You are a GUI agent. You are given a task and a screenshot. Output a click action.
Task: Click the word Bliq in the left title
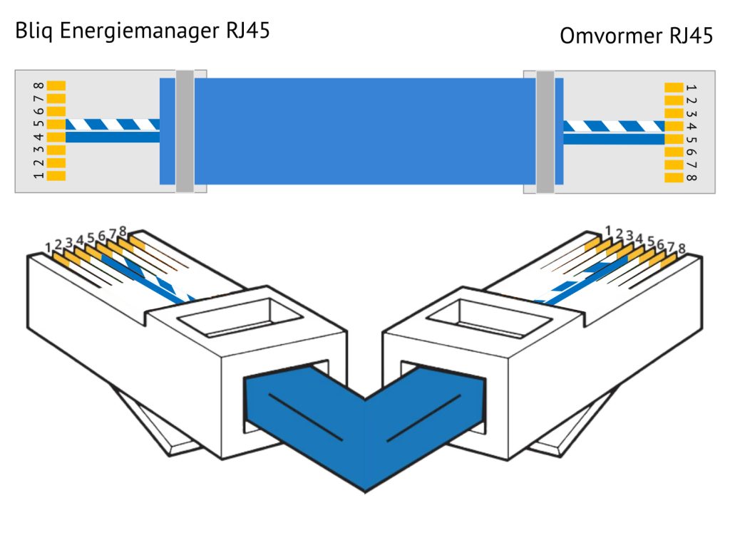[x=34, y=32]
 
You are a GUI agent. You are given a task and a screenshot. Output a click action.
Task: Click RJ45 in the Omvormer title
[x=691, y=36]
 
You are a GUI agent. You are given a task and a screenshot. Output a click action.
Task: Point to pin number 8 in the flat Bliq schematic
[x=38, y=85]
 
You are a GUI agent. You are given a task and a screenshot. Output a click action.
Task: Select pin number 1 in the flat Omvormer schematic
[x=690, y=88]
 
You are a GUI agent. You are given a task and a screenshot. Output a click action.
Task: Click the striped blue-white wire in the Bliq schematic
[x=114, y=125]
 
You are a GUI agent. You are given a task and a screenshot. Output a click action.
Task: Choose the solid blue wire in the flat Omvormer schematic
[x=613, y=140]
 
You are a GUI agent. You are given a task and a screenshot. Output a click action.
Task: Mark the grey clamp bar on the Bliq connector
[x=185, y=131]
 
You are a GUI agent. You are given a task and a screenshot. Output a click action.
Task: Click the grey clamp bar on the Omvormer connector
[x=545, y=131]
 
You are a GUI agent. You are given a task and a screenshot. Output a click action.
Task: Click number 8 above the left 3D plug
[x=123, y=231]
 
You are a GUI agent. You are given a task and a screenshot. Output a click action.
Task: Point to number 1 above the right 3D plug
[x=608, y=229]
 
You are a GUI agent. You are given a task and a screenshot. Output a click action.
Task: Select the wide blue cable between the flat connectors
[x=364, y=131]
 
